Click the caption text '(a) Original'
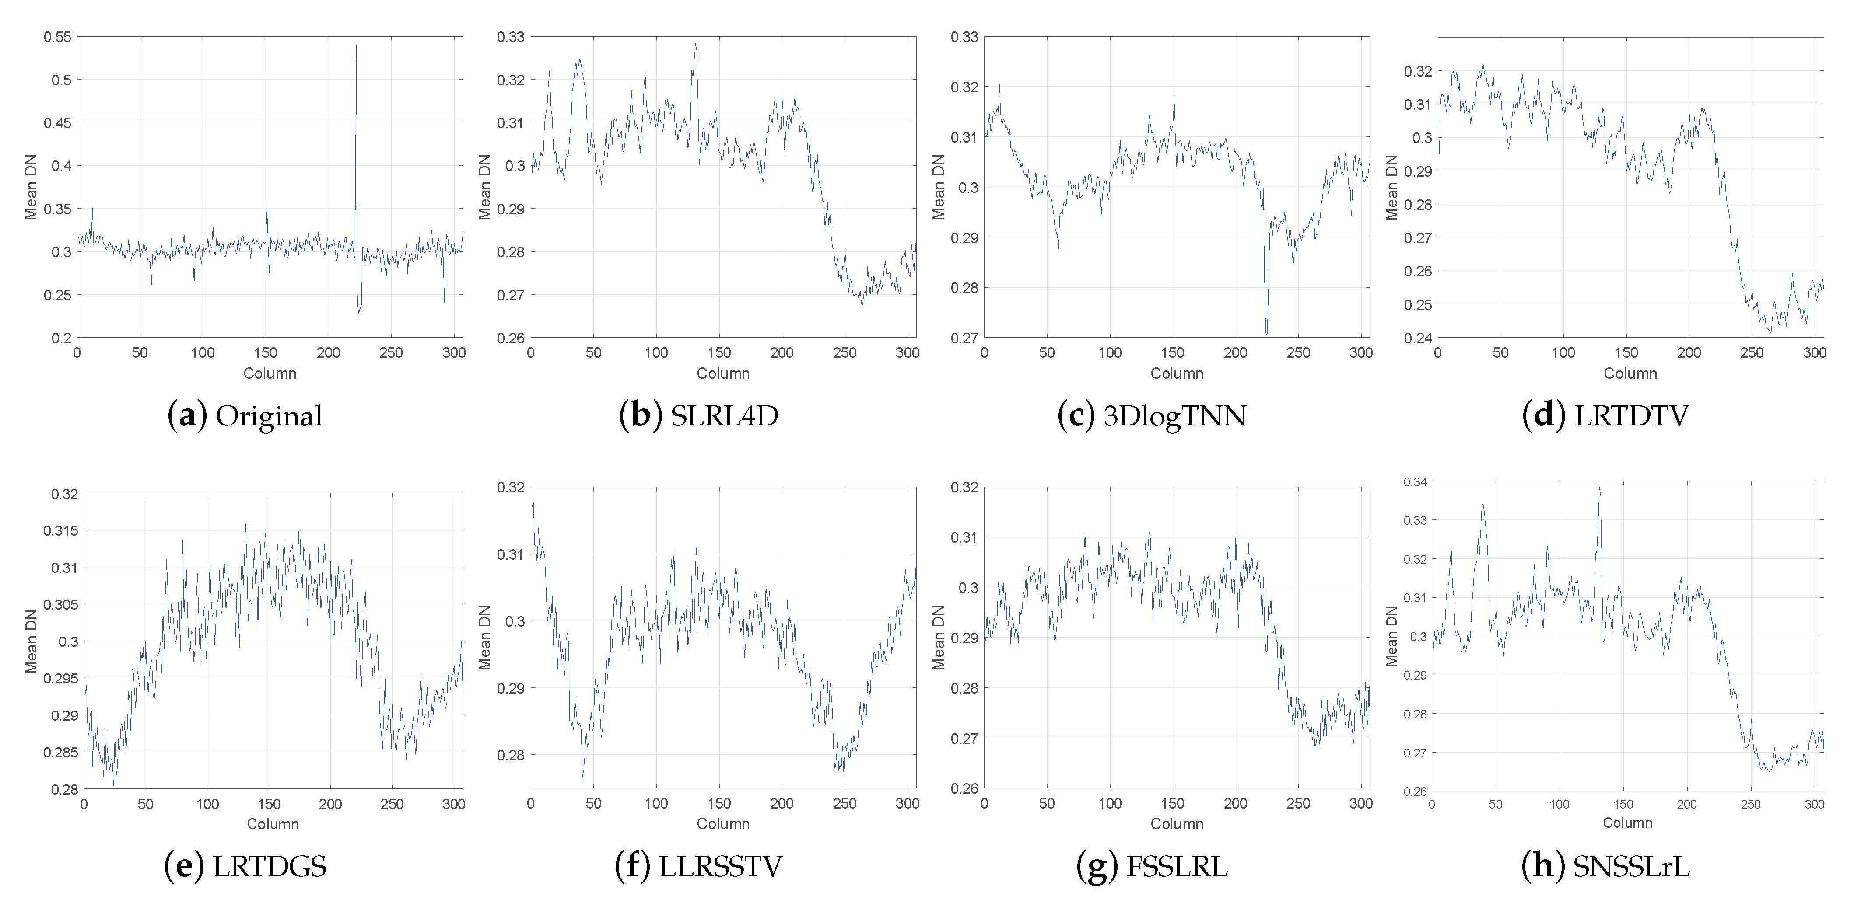[245, 416]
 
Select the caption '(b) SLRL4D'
[698, 416]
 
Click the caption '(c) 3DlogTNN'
[1152, 416]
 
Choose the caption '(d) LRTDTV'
[1605, 416]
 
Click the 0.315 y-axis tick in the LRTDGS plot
[61, 530]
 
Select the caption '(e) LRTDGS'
[245, 866]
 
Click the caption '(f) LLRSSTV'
[698, 866]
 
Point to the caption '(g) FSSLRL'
[1152, 866]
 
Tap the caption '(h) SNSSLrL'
[1605, 866]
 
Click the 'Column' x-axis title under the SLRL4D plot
[723, 373]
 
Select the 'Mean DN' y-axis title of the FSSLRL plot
[938, 637]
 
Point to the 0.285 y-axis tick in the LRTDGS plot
[61, 752]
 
